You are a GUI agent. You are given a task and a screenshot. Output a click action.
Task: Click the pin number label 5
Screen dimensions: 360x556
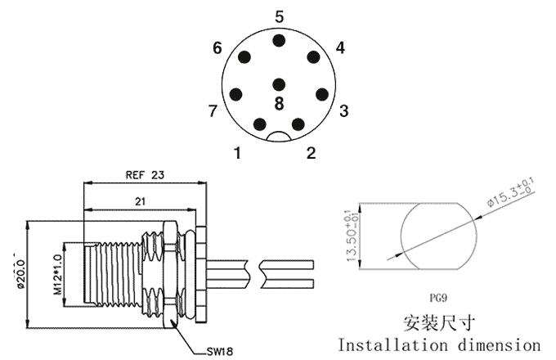[279, 16]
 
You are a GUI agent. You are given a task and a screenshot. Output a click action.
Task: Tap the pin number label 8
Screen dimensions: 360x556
[279, 104]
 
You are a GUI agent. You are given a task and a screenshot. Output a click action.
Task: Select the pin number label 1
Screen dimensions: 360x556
[237, 152]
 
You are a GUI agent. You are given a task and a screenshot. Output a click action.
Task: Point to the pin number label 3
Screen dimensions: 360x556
[344, 110]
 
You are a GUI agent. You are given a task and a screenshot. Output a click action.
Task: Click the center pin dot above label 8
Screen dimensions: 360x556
[279, 83]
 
